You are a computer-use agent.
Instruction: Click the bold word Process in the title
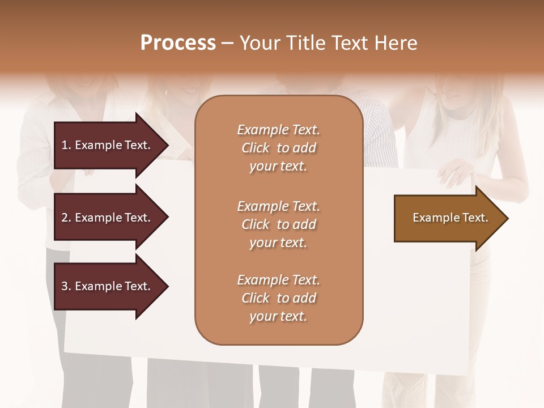(x=178, y=43)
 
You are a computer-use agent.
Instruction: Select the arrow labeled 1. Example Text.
(x=108, y=145)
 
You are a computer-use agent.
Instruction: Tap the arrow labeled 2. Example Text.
(x=108, y=218)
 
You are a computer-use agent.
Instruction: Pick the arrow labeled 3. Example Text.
(x=108, y=286)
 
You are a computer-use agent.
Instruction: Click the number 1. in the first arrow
(x=66, y=145)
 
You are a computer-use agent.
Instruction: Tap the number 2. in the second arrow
(x=66, y=218)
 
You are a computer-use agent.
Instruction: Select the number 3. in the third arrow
(x=66, y=286)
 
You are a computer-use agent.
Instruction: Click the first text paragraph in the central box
(x=278, y=148)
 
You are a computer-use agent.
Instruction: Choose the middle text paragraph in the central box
(x=278, y=224)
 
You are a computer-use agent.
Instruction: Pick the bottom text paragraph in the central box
(x=278, y=298)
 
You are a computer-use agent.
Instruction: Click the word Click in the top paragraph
(x=256, y=148)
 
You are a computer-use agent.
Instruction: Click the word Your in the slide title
(x=259, y=43)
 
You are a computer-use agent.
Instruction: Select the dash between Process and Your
(x=227, y=43)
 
